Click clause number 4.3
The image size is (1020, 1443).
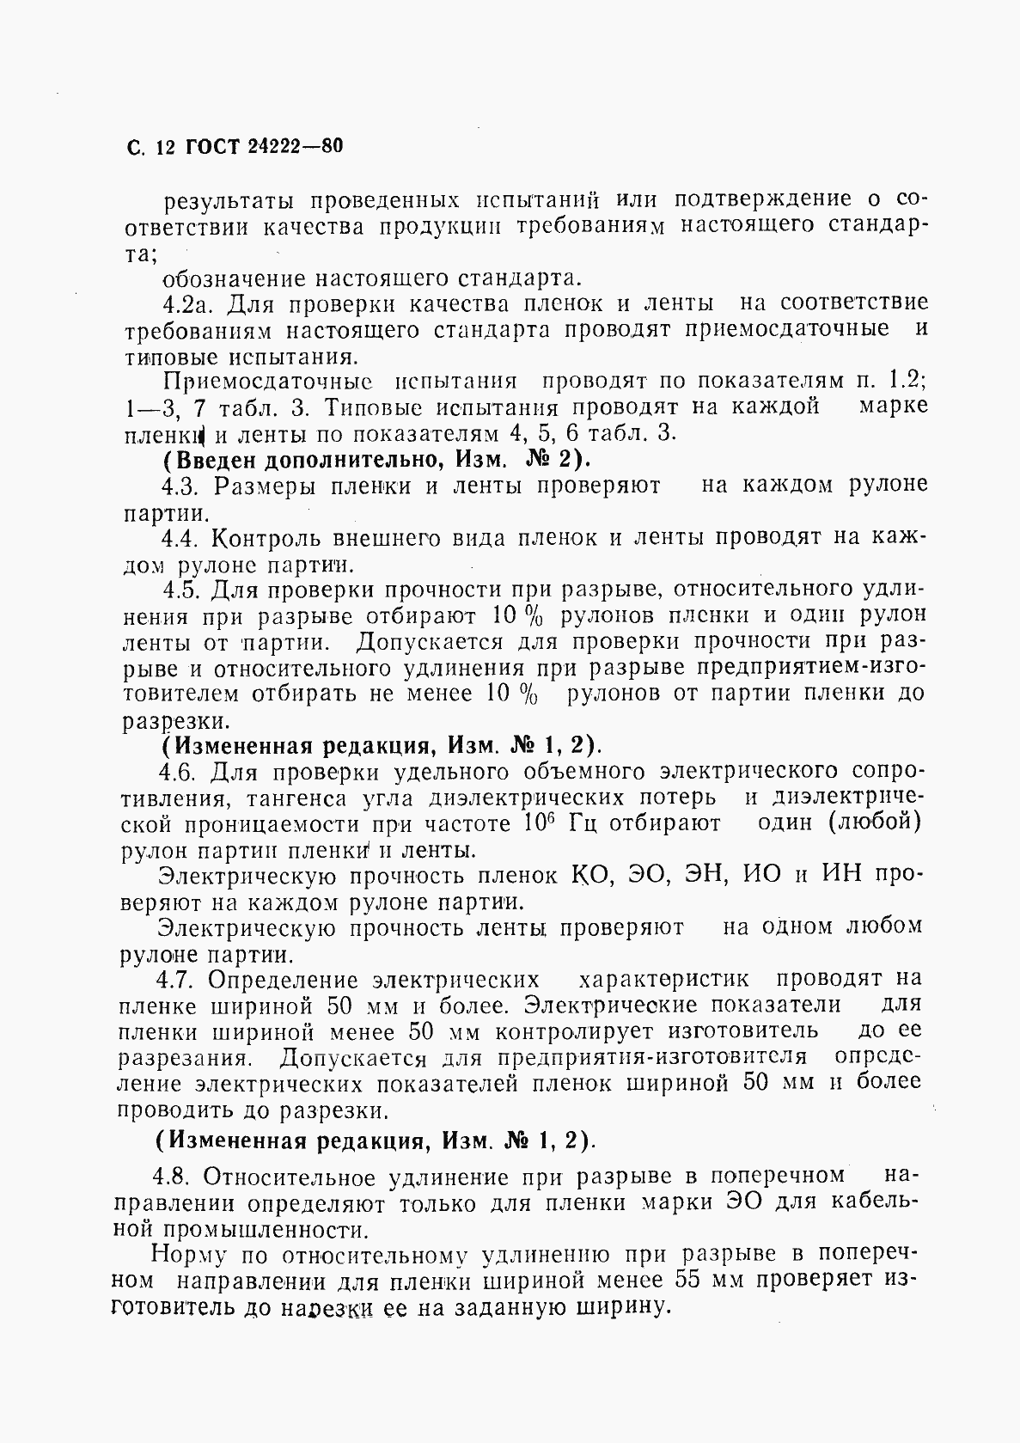[x=180, y=486]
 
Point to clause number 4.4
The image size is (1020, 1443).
[x=180, y=538]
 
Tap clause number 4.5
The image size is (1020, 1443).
[x=181, y=590]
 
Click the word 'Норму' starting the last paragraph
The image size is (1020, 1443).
[x=183, y=1254]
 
